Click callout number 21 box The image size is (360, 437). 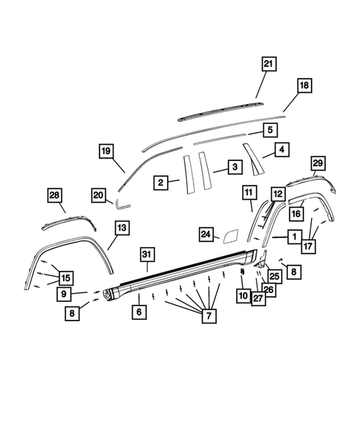[x=268, y=64]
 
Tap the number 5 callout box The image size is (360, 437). [x=270, y=129]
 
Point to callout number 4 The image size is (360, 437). [x=281, y=150]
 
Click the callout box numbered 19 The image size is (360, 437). [x=106, y=151]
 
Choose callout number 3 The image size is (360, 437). [x=233, y=167]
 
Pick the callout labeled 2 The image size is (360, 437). [x=160, y=181]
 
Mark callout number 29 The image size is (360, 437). [x=318, y=162]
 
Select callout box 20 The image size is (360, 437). [x=99, y=194]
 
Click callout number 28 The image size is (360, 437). [x=54, y=195]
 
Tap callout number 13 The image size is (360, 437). [x=122, y=226]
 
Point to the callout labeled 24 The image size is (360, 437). [x=206, y=234]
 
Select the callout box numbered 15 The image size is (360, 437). [x=66, y=277]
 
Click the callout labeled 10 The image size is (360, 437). [x=243, y=296]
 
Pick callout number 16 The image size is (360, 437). [x=295, y=213]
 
